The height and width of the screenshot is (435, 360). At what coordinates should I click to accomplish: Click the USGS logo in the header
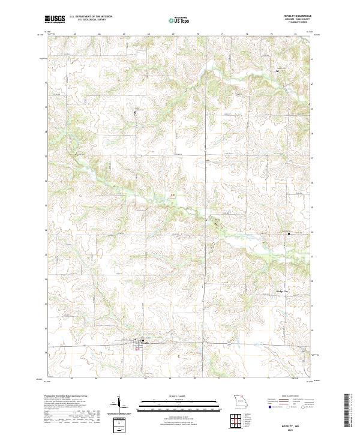[55, 19]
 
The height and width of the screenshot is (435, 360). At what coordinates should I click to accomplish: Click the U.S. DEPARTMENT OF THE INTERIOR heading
[91, 17]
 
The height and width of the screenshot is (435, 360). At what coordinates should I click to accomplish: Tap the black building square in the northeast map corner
[277, 71]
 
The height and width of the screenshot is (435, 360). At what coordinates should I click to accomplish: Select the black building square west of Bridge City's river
[289, 233]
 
